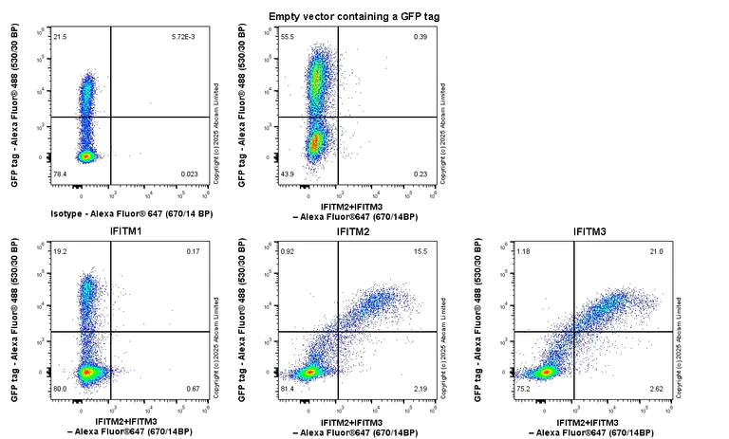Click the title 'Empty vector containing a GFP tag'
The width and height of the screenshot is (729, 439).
tap(354, 16)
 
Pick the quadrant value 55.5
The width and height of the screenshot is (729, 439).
tap(286, 37)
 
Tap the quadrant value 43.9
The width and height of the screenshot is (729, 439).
tap(286, 174)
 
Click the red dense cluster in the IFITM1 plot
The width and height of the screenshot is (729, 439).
tap(87, 373)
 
